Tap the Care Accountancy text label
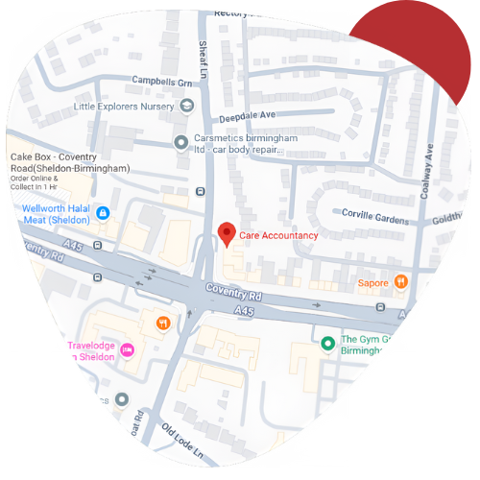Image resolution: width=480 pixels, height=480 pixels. (x=279, y=235)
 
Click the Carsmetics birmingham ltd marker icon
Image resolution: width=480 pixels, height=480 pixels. (x=180, y=143)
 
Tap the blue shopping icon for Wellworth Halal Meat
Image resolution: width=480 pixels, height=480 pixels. (x=104, y=213)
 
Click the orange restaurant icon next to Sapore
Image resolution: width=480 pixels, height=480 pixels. (x=401, y=282)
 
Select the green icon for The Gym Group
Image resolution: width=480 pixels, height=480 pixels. (x=327, y=344)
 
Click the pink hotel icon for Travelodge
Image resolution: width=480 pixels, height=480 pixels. (x=128, y=349)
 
